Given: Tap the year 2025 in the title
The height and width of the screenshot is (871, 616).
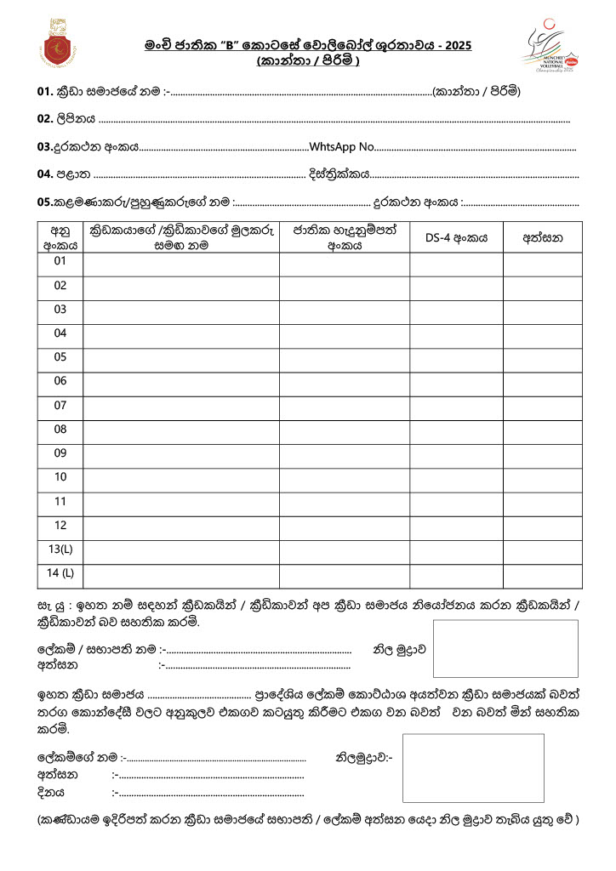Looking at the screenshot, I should pos(457,45).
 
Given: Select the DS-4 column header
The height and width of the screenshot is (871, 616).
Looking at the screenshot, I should pos(456,238).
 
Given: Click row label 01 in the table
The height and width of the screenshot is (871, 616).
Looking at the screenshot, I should pos(60,261).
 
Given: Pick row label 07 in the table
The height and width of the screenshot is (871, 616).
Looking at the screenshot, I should pos(60,405).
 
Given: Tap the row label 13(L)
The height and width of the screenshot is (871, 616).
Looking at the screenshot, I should pos(60,549).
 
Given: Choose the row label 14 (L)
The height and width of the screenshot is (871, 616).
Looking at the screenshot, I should pos(60,572).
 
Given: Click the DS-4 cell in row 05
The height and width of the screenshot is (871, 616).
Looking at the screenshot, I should pos(456,357).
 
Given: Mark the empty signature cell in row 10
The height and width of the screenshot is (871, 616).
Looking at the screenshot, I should pos(543,477).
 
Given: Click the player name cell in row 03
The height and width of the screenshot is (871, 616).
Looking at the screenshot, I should pos(180,310).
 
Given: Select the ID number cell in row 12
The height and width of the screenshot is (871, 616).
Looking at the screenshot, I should pos(344,525).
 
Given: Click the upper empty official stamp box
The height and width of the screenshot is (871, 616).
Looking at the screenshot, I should pos(505,648).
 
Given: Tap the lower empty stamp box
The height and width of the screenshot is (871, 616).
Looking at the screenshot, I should pos(473,767).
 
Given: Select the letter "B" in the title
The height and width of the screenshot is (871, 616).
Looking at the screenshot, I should pos(228,45).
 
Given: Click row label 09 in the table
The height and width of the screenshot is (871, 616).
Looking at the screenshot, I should pos(60,453).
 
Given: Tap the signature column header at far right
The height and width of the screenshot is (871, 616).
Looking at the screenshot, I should pos(543,238).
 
